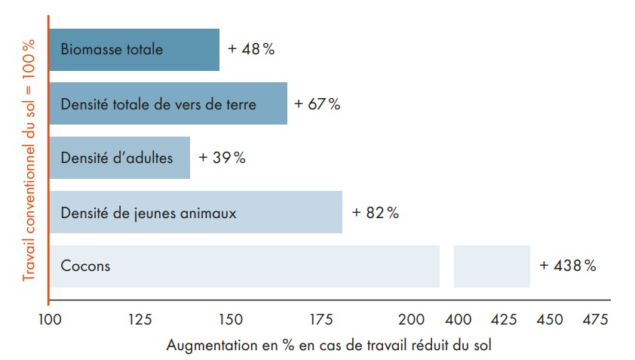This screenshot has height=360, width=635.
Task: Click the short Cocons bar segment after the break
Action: point(492,266)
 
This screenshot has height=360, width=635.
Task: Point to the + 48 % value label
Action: point(251,50)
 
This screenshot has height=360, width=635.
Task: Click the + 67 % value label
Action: point(317,104)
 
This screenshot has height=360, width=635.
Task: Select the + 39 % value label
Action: point(222,158)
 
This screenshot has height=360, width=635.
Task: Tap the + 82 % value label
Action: point(376,213)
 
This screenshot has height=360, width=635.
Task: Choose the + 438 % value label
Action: point(568,266)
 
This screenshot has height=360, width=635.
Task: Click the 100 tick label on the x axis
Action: point(49,319)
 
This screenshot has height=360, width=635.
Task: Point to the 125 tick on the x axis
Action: point(140,319)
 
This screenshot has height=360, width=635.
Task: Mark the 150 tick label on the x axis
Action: point(232,319)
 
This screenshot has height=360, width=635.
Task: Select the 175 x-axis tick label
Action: point(323,319)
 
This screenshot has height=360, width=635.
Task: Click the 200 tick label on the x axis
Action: point(413,319)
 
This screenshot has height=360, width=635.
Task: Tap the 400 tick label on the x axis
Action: point(459,319)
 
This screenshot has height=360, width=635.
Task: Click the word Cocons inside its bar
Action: point(85,266)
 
